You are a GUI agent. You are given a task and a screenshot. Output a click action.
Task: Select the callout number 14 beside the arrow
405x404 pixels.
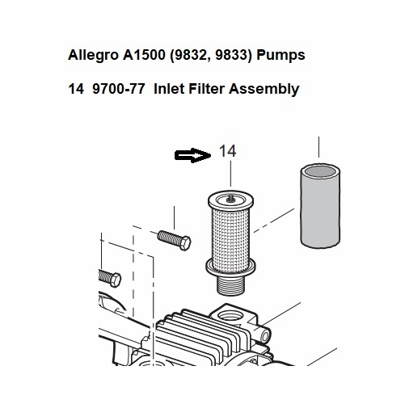pos(227,151)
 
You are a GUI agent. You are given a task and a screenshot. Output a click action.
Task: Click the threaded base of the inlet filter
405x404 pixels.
pos(233,283)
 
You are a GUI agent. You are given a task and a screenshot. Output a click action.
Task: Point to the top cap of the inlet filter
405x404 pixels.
pos(232,197)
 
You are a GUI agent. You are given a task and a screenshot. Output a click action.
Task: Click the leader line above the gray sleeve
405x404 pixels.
pos(319,148)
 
